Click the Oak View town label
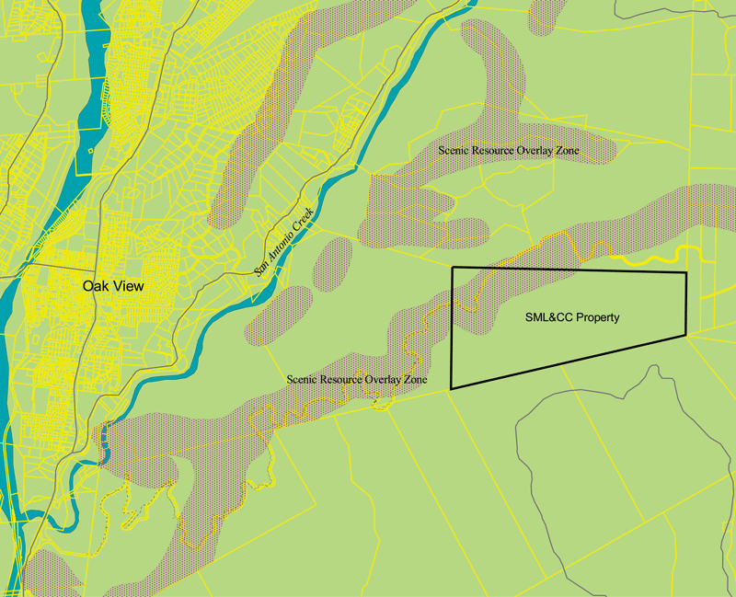[113, 286]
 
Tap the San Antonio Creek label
[284, 241]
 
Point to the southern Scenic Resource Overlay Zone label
[356, 379]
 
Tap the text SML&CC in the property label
[539, 317]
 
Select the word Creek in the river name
[305, 217]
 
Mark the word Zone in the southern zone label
[413, 379]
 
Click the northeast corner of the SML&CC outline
[686, 273]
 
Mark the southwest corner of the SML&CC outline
[451, 388]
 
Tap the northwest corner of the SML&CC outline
[451, 267]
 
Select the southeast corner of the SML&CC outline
[686, 336]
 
